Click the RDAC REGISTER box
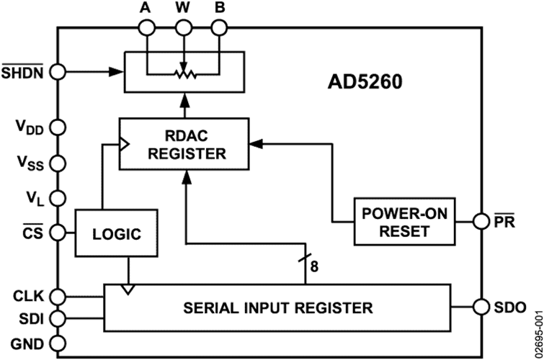[x=184, y=144]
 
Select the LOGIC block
[x=117, y=233]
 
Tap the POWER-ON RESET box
[x=404, y=222]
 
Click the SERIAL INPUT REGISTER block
[x=277, y=308]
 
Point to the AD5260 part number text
[x=365, y=82]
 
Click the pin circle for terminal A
[x=147, y=27]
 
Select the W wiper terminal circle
[x=184, y=27]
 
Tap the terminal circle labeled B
[x=219, y=27]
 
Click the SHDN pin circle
[x=57, y=72]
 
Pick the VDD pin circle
[x=57, y=127]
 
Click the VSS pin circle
[x=57, y=163]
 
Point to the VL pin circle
[x=57, y=199]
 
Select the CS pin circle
[x=57, y=233]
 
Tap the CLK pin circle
[x=57, y=297]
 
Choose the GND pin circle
[x=57, y=343]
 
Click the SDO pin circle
[x=481, y=307]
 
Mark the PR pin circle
[x=481, y=221]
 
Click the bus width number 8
[x=314, y=266]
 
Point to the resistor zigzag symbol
[x=184, y=74]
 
